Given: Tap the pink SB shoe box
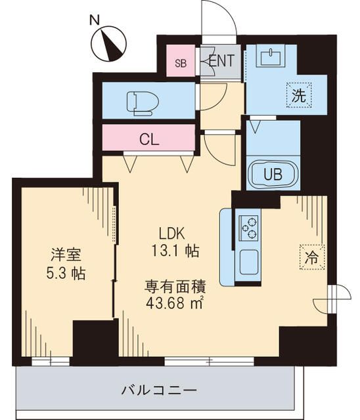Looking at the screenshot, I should [179, 62].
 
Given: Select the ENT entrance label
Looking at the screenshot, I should [221, 61].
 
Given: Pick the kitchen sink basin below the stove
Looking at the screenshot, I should [250, 262].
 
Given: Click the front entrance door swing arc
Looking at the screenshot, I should [222, 16].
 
